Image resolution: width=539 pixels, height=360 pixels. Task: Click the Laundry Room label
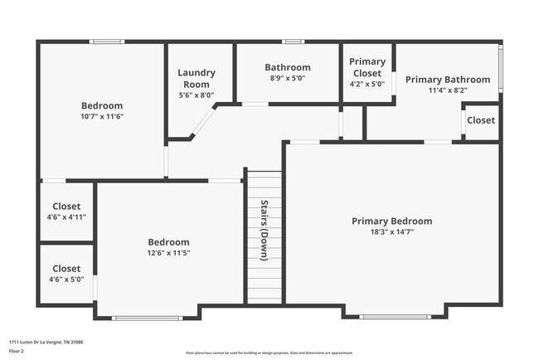click(197, 78)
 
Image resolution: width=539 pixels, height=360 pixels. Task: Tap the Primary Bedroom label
click(391, 221)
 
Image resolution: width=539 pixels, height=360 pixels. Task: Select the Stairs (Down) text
click(265, 231)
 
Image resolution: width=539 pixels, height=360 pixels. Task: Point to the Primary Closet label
click(367, 67)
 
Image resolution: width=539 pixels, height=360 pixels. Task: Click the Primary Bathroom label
click(447, 80)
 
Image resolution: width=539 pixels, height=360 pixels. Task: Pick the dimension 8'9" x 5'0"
click(288, 78)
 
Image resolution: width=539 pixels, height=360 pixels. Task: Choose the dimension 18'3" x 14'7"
click(391, 232)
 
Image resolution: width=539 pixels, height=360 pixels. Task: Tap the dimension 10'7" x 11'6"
click(102, 117)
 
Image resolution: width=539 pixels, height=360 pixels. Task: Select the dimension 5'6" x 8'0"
click(197, 95)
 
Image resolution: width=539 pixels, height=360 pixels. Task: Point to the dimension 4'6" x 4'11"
click(67, 216)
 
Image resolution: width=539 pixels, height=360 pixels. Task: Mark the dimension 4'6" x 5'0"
click(67, 280)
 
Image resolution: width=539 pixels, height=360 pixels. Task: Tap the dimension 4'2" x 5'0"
click(367, 84)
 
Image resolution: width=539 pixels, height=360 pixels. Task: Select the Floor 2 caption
click(17, 352)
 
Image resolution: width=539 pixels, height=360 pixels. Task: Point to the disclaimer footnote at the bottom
click(269, 353)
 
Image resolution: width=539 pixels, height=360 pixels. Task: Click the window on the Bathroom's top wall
click(293, 41)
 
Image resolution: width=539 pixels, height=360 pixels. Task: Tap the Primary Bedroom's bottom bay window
click(395, 316)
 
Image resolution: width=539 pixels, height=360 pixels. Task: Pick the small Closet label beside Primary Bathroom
click(481, 120)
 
